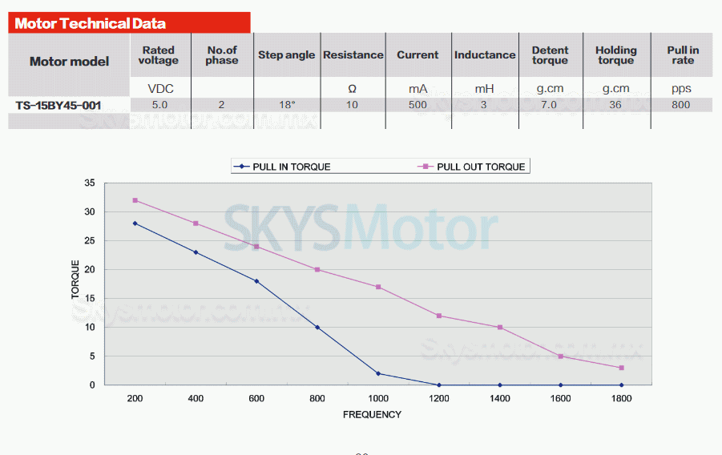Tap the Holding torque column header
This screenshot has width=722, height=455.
click(615, 55)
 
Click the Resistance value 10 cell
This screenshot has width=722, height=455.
click(353, 105)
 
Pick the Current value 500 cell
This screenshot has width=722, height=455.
click(417, 105)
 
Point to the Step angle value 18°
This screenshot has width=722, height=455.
click(286, 105)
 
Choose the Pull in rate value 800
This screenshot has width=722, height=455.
click(681, 105)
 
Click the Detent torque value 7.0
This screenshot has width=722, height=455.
click(549, 105)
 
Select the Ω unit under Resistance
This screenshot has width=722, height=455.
click(353, 89)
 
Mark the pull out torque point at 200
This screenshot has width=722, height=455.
click(135, 200)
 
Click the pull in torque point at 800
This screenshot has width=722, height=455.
click(317, 328)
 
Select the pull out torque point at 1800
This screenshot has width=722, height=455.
click(621, 368)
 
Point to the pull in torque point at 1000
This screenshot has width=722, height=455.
click(378, 373)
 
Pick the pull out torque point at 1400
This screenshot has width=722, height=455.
click(500, 328)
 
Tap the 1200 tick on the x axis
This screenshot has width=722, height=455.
click(439, 397)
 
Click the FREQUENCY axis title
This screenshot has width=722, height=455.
click(372, 415)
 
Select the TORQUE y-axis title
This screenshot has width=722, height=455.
click(76, 280)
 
